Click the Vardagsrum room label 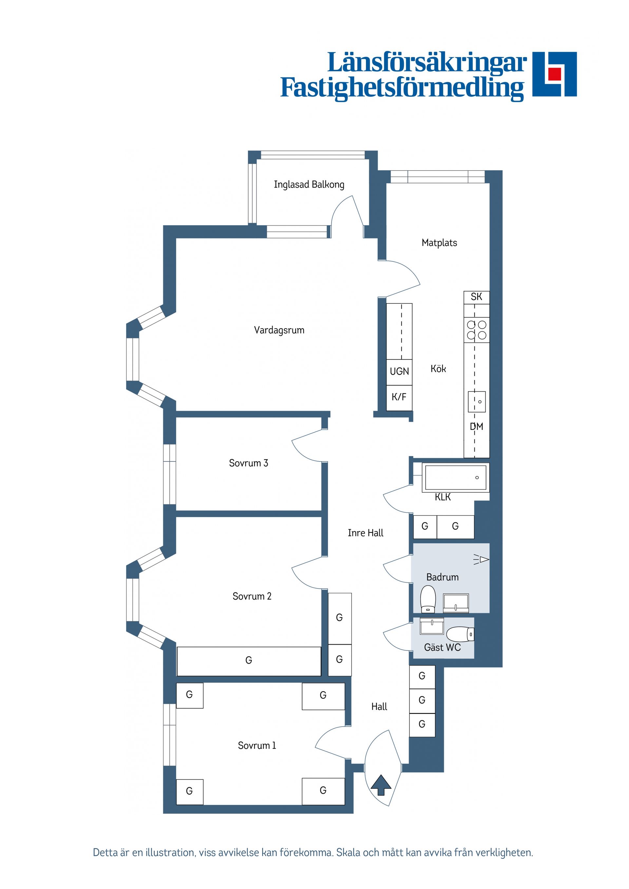click(x=279, y=330)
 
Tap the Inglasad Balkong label click(x=309, y=184)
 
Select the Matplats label click(x=439, y=243)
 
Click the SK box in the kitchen click(x=476, y=297)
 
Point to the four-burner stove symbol click(x=477, y=330)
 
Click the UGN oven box click(x=399, y=371)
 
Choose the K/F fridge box click(x=399, y=397)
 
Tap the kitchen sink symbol click(x=477, y=402)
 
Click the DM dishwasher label click(x=477, y=427)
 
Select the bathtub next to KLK click(x=455, y=478)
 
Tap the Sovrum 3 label click(x=248, y=463)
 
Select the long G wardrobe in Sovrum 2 click(x=249, y=661)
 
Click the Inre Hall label click(x=366, y=533)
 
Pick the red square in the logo click(x=555, y=74)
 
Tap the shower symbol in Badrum click(x=482, y=559)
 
